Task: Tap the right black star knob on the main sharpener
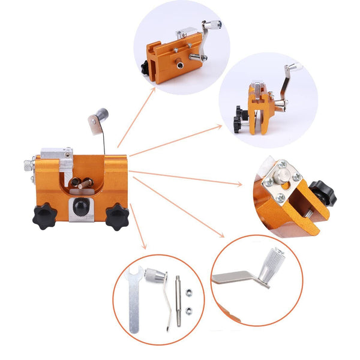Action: [117, 217]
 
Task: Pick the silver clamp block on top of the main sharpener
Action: [58, 154]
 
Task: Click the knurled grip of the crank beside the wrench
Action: [158, 277]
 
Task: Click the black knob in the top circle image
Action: [146, 70]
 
